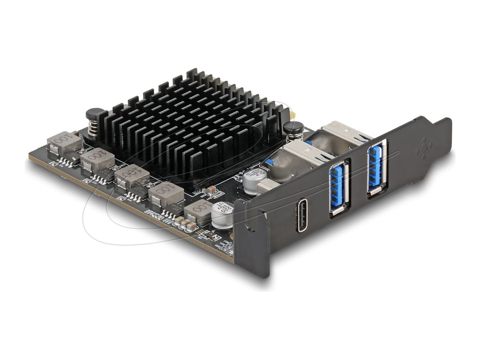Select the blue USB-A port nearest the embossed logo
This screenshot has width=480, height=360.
[x=376, y=168]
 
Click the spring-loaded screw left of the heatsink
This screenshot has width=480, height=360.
[x=95, y=121]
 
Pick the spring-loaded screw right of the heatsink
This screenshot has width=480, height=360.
[x=293, y=131]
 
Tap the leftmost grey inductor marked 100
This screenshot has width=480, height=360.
[x=64, y=142]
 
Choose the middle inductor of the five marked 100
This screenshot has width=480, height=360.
[x=132, y=177]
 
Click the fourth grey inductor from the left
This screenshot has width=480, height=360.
[x=166, y=193]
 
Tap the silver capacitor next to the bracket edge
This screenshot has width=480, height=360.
[x=222, y=214]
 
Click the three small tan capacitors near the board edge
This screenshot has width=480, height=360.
[x=185, y=225]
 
